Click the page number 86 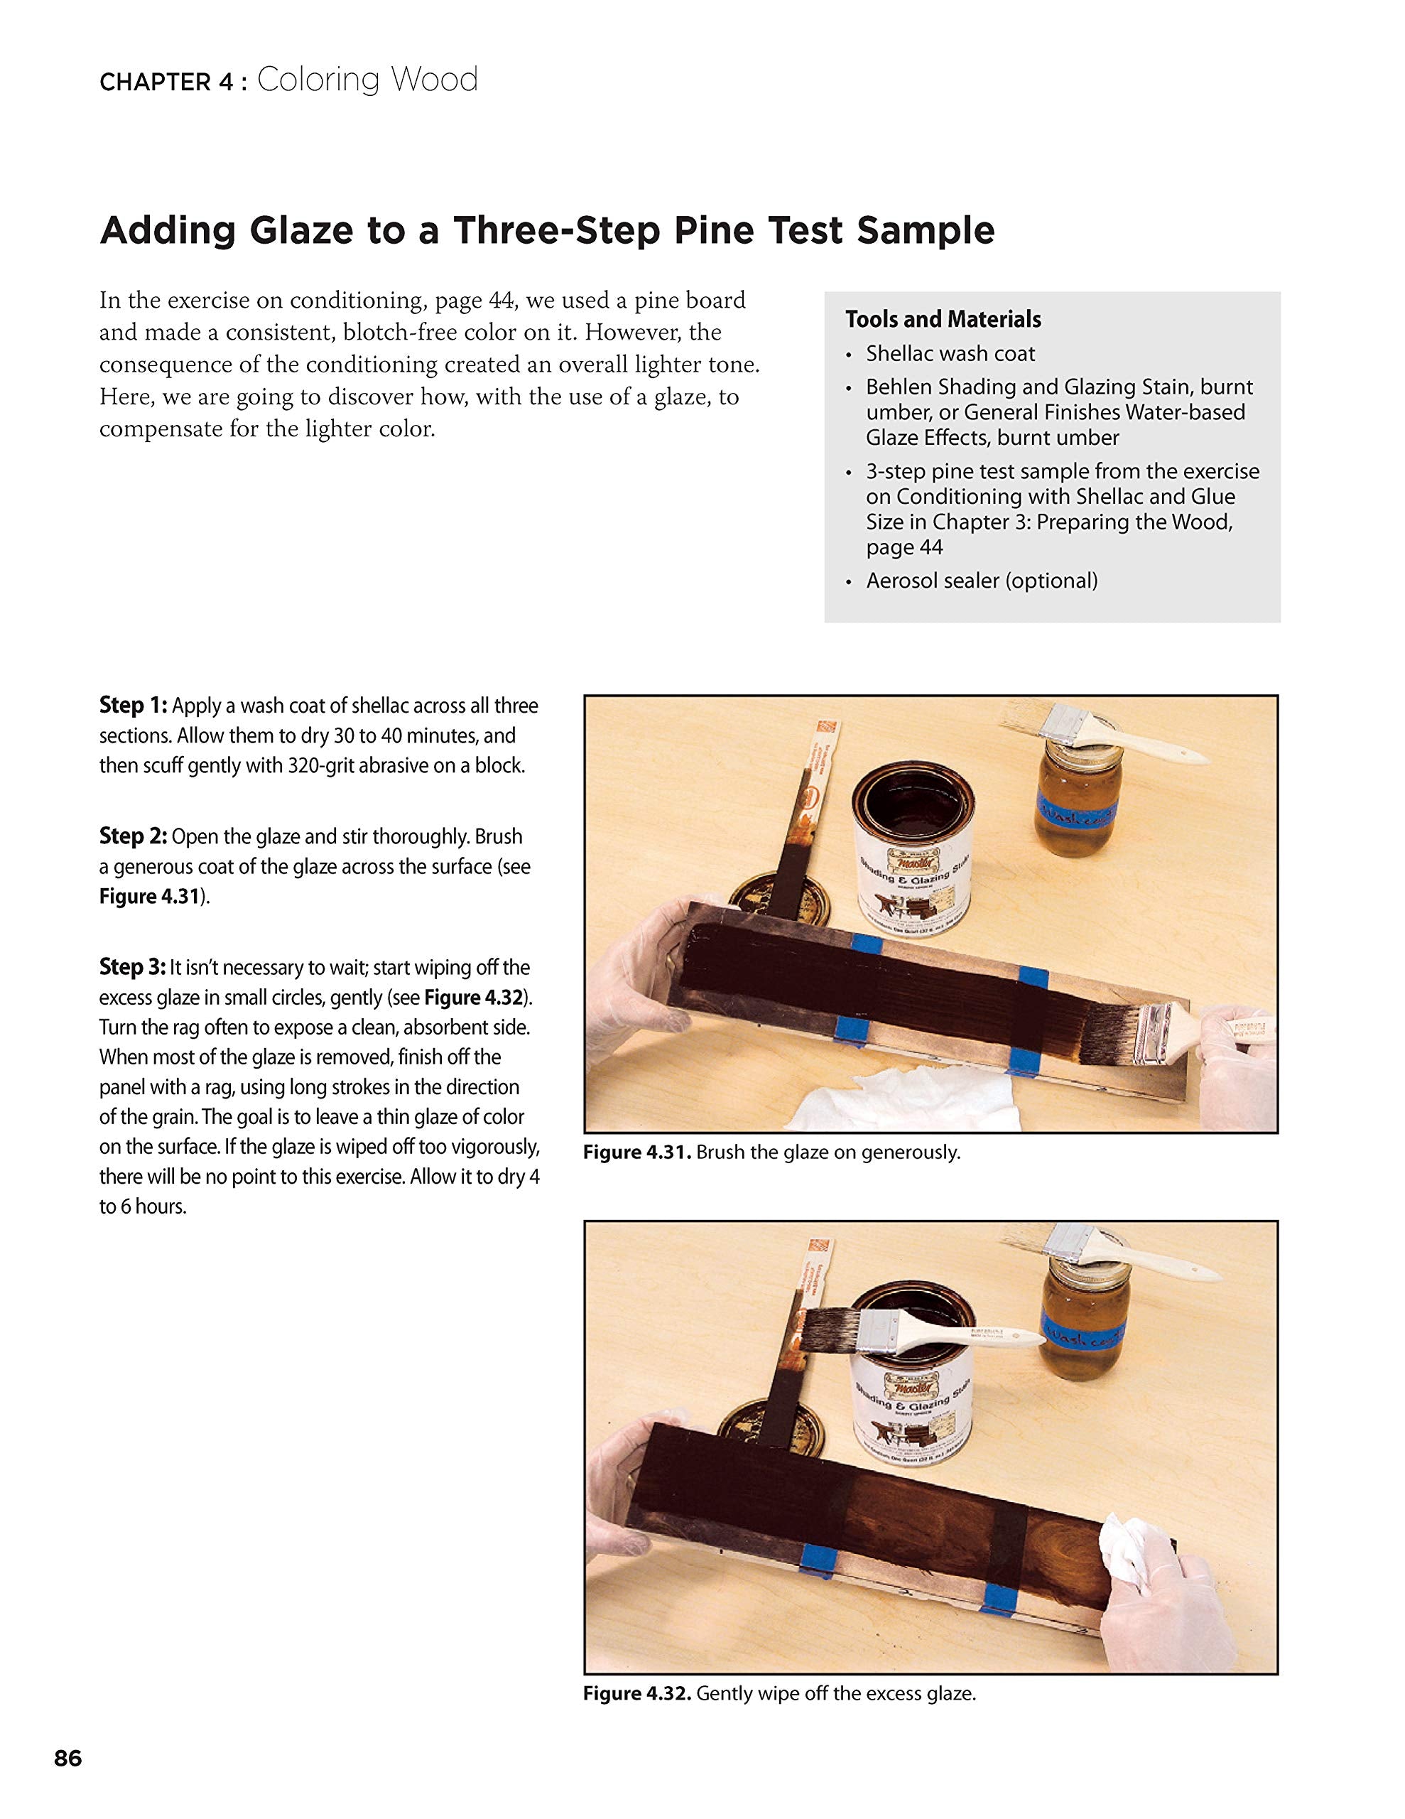[68, 1758]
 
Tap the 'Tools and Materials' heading [943, 319]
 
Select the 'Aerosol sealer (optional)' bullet [982, 581]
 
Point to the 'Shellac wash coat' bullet [950, 353]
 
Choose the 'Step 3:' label [132, 967]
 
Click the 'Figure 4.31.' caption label [637, 1153]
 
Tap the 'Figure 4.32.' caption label [637, 1693]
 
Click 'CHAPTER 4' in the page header [166, 82]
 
